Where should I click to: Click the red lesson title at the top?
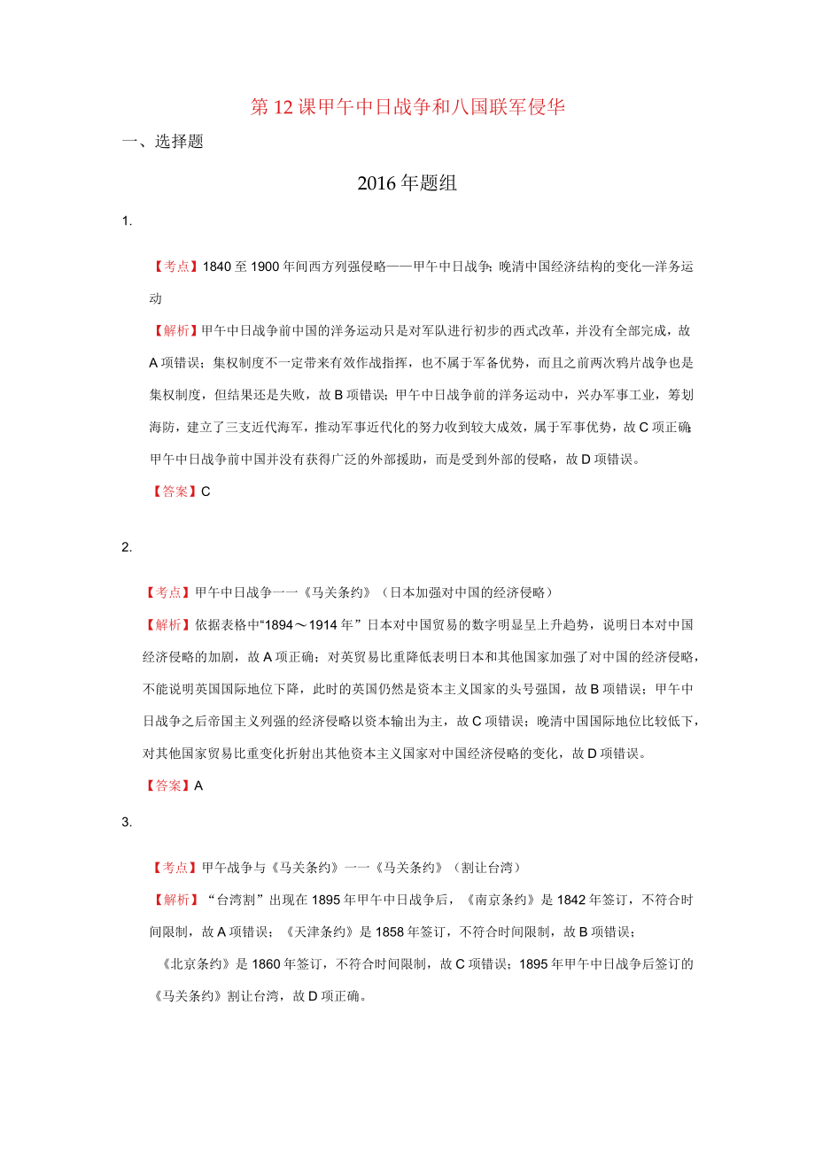tap(407, 107)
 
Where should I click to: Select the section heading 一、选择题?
tap(162, 142)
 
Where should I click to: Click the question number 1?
tap(127, 221)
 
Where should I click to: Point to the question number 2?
tap(127, 547)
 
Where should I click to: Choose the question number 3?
tap(127, 823)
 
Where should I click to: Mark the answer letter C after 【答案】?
tap(206, 492)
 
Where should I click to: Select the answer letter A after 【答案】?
tap(198, 785)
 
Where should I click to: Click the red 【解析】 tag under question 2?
tap(162, 625)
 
